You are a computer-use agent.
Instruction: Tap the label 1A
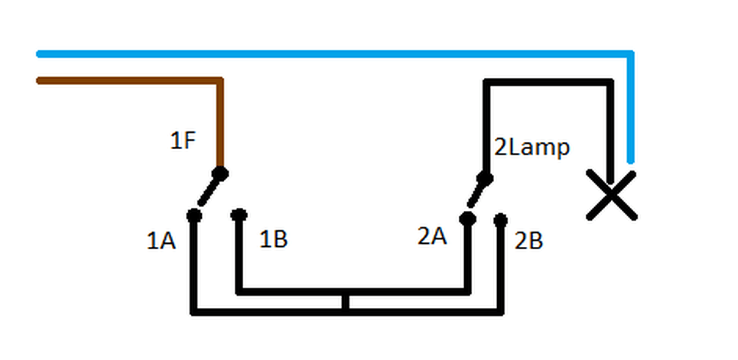tap(161, 242)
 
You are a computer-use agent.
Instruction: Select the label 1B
tap(273, 239)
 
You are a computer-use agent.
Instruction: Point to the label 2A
tap(431, 237)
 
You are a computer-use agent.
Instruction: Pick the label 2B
tap(528, 241)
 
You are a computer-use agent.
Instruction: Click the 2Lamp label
tap(532, 148)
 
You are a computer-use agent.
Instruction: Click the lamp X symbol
tap(611, 196)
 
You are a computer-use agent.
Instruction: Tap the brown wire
tap(130, 79)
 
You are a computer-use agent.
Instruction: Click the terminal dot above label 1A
tap(193, 216)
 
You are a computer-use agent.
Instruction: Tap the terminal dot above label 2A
tap(467, 219)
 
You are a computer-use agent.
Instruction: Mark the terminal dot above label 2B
tap(501, 220)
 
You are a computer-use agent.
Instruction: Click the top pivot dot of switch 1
tap(221, 173)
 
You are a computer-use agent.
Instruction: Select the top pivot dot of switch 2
tap(483, 178)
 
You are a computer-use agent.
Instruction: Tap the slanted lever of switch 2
tap(476, 196)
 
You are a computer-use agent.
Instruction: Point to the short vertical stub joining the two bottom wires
tap(346, 302)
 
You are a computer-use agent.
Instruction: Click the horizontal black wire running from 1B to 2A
tap(352, 291)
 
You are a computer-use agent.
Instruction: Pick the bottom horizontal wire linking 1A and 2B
tap(268, 312)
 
